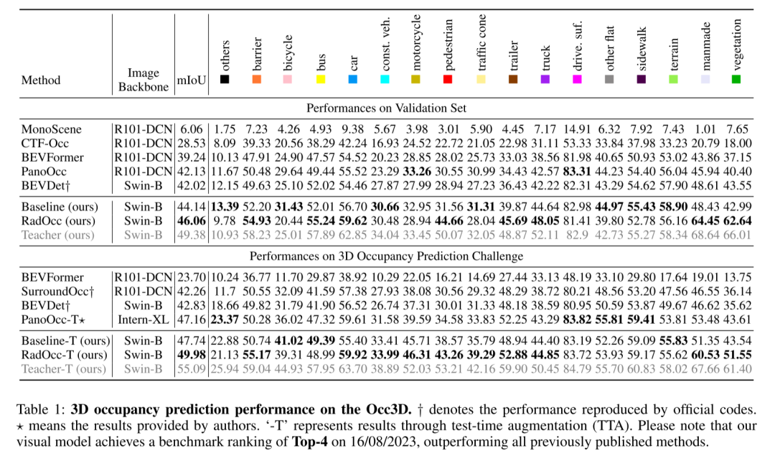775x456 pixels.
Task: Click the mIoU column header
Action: [192, 80]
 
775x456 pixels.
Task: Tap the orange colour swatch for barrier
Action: [257, 80]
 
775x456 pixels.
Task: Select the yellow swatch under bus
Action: [321, 80]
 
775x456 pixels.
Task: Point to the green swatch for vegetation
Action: [736, 80]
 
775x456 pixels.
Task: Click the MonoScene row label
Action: [52, 129]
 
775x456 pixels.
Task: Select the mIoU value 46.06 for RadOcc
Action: [192, 220]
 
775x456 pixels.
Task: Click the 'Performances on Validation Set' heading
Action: [386, 108]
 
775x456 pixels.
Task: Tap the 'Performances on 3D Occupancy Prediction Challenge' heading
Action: [386, 256]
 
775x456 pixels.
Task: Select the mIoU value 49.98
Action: [192, 354]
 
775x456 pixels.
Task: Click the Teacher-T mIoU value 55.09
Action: [192, 368]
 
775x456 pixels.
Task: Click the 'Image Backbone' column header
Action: [144, 79]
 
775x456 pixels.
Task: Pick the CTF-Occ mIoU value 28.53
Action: [192, 144]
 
